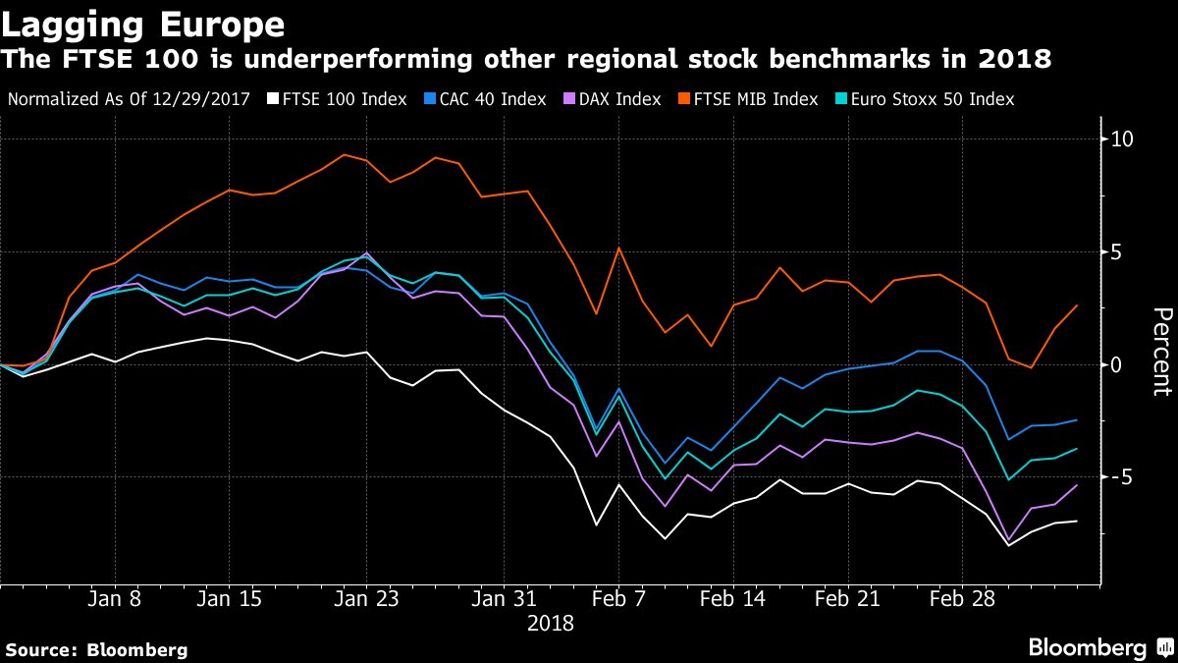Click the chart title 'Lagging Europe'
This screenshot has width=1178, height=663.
click(144, 24)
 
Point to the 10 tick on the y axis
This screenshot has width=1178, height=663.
click(1123, 139)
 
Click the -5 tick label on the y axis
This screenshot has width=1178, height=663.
click(1123, 477)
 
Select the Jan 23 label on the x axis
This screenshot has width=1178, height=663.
click(365, 599)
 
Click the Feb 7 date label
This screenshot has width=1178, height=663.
click(618, 599)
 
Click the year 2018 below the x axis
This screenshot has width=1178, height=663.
click(550, 624)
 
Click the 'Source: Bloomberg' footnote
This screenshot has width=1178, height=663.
click(96, 649)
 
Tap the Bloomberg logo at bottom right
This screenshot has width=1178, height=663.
click(1098, 647)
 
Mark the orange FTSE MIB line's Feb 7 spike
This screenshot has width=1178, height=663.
click(618, 248)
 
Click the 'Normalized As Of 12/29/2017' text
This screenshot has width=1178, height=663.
click(129, 99)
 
